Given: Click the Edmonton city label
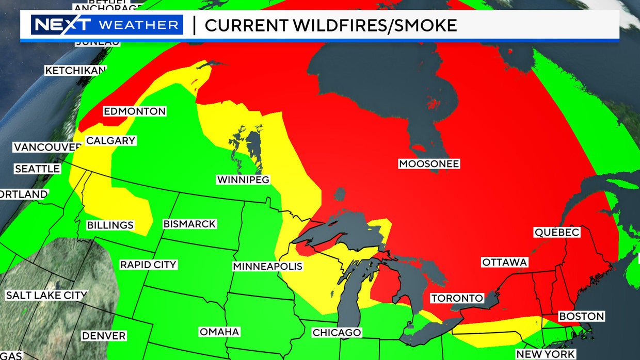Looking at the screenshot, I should click(x=135, y=111).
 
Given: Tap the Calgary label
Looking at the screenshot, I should click(x=110, y=141).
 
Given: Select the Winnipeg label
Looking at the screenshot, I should click(x=243, y=180).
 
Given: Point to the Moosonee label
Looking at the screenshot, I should click(x=429, y=164).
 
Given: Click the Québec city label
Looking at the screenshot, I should click(x=557, y=233).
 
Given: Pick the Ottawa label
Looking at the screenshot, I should click(x=504, y=263).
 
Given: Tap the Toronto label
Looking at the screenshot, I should click(x=457, y=299).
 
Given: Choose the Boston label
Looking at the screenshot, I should click(x=582, y=316).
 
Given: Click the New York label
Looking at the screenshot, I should click(x=546, y=354).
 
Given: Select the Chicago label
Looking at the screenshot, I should click(x=337, y=333).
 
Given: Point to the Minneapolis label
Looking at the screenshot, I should click(x=267, y=267).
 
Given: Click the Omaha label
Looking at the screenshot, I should click(x=219, y=332).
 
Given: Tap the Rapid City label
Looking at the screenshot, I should click(x=149, y=265).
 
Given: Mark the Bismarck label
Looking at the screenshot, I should click(x=189, y=224).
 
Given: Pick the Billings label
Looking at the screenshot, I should click(x=110, y=225).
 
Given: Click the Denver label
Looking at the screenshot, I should click(x=104, y=336).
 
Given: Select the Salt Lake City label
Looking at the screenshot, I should click(x=46, y=296).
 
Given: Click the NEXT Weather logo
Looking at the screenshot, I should click(x=107, y=25).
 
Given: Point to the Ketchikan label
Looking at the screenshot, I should click(x=75, y=71).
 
